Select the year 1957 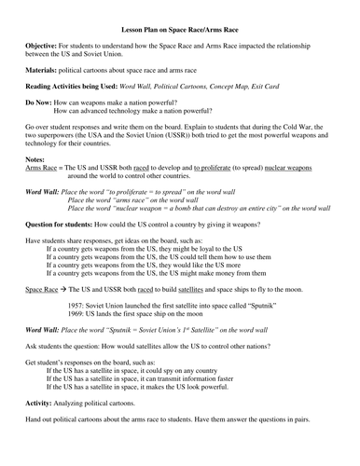coord(78,308)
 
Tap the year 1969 coord(78,316)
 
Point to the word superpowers coord(48,136)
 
